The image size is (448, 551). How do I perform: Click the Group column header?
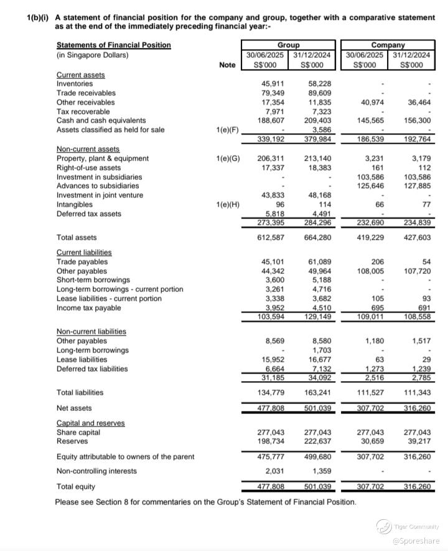coord(288,45)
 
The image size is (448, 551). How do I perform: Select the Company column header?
coord(388,45)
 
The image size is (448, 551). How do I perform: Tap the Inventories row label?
coord(75,83)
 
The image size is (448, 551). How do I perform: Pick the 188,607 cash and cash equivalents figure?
coord(271,121)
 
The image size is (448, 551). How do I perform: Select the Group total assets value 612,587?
coord(271,237)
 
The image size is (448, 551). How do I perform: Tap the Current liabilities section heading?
coord(84,252)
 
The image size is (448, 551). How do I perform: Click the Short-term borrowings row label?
coord(93,280)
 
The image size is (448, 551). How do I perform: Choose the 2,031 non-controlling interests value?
coord(274,471)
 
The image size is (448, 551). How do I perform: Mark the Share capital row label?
coord(78,432)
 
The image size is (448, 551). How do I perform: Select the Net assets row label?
coord(74,408)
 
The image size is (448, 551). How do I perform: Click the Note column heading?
coord(228,65)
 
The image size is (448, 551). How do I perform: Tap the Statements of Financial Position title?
coord(113,45)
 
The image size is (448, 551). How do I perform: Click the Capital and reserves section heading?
coord(90,423)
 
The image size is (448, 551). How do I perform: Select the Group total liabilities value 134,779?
coord(271,392)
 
